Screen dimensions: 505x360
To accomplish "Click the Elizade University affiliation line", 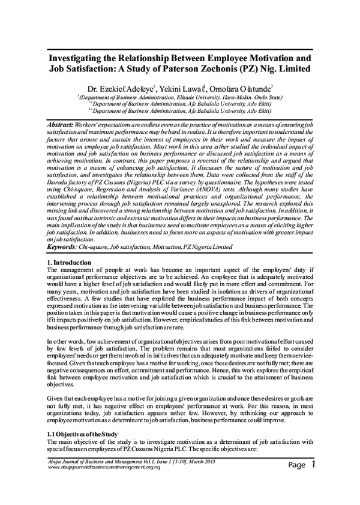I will pos(180,96).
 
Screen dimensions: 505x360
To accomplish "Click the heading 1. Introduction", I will pos(69,263).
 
